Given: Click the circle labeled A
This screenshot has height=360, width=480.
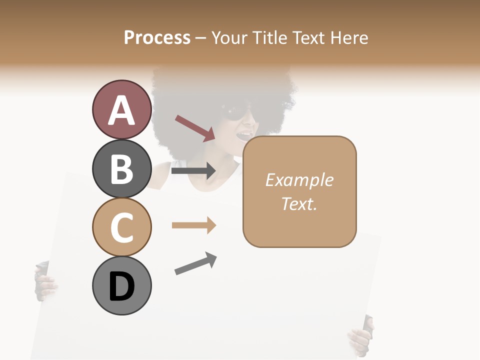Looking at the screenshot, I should tap(121, 109).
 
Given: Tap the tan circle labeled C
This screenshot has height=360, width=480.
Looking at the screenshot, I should tap(121, 226).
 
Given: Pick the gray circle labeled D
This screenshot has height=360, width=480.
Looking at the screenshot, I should tap(121, 285).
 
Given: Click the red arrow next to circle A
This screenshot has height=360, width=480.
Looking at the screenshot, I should tap(195, 128).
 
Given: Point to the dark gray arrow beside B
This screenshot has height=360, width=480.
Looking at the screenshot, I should tap(193, 170).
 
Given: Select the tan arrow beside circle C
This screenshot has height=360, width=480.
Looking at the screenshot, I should tap(193, 225).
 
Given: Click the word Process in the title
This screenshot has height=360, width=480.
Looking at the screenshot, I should tap(157, 38).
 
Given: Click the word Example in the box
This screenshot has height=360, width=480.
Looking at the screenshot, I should tap(299, 180).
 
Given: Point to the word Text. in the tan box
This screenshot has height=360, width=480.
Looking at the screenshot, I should tap(299, 203).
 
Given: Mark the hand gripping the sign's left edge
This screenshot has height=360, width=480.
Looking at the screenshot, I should tap(44, 282).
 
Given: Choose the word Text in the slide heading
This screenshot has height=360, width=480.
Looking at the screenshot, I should tap(307, 38).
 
